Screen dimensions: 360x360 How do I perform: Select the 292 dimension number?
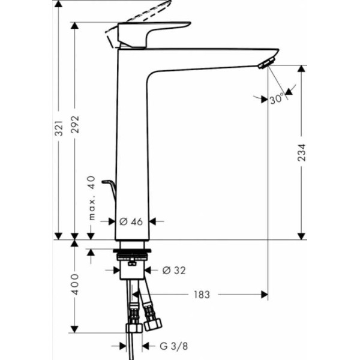(x=75, y=124)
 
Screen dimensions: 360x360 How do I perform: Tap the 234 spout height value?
(x=301, y=152)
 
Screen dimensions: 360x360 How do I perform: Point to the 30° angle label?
(x=277, y=99)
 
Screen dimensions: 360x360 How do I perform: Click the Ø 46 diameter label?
(x=131, y=221)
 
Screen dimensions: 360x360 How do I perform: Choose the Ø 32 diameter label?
(x=174, y=271)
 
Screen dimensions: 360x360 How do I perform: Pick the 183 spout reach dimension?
(x=202, y=295)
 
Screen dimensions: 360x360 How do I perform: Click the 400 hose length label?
(x=75, y=284)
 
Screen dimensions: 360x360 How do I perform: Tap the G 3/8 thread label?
(x=173, y=346)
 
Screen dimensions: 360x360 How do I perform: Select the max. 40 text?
(x=92, y=198)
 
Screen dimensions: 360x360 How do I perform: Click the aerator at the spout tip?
(x=266, y=63)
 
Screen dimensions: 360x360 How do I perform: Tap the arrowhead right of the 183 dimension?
(x=265, y=295)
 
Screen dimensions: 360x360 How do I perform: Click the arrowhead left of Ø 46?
(x=112, y=221)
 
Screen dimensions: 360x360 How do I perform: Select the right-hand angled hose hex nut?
(x=152, y=325)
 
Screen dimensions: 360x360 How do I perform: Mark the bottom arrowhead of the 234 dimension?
(x=301, y=236)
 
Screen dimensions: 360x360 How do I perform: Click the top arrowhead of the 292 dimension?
(x=74, y=25)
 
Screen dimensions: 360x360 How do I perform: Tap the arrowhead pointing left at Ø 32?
(x=148, y=270)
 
